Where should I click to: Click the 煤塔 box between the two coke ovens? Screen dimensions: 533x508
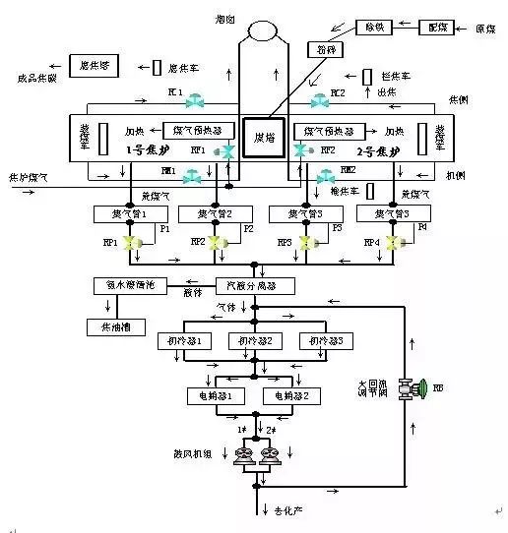click(264, 136)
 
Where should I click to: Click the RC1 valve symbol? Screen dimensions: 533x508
click(199, 101)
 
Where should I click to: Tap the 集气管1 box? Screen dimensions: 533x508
click(122, 213)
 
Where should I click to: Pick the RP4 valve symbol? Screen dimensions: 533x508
click(394, 242)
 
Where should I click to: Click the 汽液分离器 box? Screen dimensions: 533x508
click(245, 285)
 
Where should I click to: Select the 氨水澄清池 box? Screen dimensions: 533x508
click(125, 285)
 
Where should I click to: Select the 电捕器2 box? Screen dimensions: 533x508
click(291, 395)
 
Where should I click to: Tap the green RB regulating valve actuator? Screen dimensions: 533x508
click(421, 387)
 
